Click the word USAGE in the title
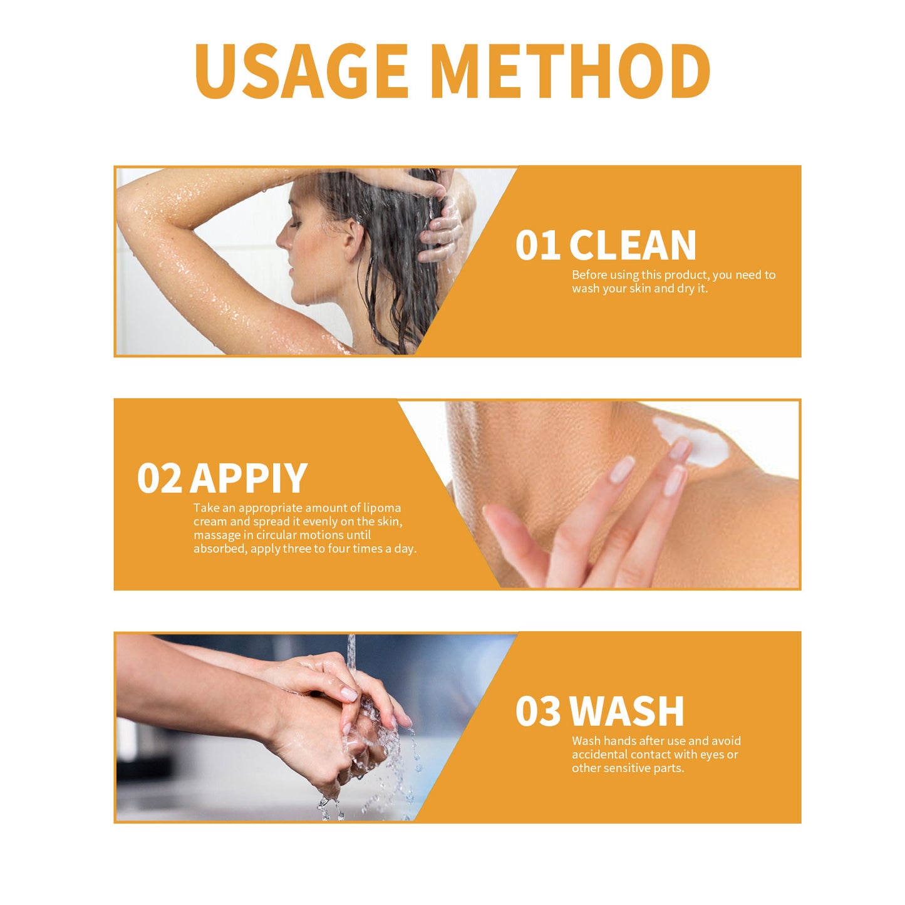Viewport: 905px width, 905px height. (301, 71)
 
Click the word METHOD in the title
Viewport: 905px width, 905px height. (572, 71)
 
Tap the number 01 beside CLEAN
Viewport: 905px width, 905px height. (537, 245)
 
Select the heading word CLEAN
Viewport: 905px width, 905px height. (632, 245)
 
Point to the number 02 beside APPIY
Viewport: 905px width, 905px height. (159, 478)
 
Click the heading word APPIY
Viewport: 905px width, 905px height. (249, 478)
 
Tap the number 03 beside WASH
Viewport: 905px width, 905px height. (538, 711)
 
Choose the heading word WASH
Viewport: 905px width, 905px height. (627, 711)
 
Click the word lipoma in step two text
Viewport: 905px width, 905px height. (382, 508)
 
